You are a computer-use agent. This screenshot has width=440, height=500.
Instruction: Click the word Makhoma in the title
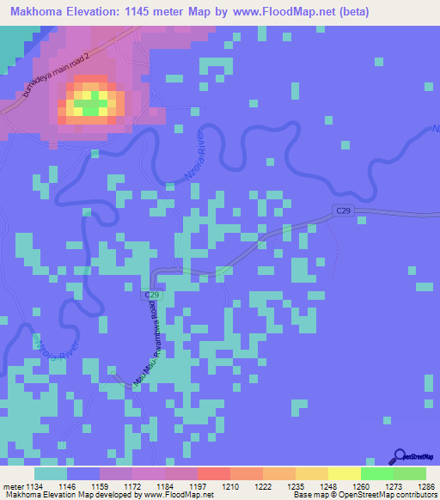click(x=38, y=11)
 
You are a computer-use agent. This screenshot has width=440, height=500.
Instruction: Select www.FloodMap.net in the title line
click(x=273, y=11)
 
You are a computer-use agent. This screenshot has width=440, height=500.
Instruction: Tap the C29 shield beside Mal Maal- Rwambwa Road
click(x=150, y=295)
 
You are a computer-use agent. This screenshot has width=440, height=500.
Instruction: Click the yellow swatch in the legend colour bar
click(x=345, y=473)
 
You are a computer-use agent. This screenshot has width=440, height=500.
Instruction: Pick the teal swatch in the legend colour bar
click(x=51, y=473)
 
